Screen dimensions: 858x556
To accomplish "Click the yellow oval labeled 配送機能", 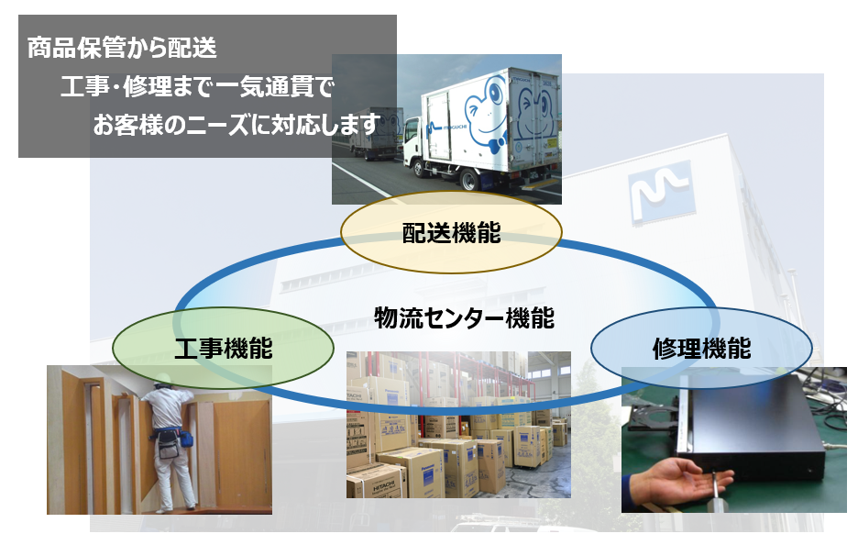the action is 451,232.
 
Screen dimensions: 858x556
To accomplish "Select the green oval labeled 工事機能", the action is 224,349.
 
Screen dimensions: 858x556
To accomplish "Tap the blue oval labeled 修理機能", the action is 701,349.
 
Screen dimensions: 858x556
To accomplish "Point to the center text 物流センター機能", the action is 464,317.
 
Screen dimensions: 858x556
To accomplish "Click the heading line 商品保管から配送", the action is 122,48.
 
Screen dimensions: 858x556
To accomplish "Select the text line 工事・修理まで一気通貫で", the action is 197,86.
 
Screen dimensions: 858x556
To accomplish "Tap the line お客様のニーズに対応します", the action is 236,125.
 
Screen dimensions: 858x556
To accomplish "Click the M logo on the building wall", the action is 661,192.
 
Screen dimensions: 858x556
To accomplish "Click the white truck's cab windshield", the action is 411,128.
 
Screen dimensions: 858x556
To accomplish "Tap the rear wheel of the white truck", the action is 469,179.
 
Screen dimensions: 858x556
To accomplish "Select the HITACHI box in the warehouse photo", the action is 377,481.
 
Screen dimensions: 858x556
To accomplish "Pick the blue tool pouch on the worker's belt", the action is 186,439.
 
